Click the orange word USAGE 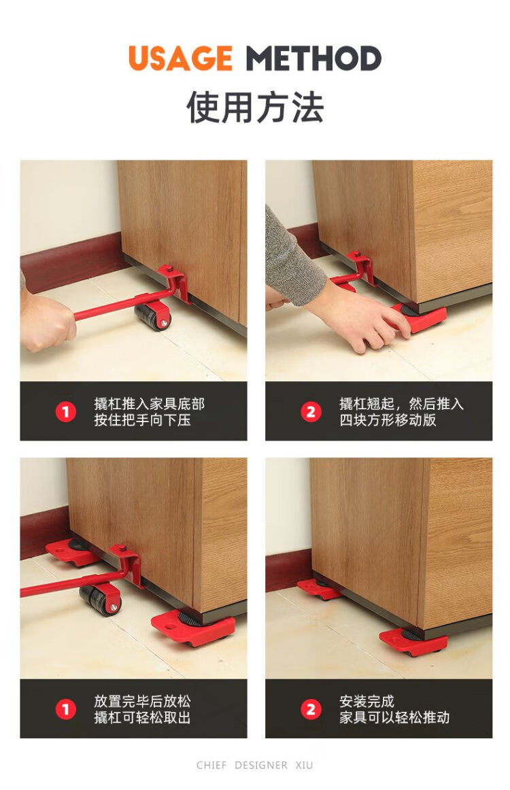[180, 58]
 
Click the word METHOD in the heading [313, 58]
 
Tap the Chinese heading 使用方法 [255, 107]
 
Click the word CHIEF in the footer [211, 765]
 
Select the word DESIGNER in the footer [260, 765]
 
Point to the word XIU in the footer [304, 765]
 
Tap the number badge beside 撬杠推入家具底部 [65, 411]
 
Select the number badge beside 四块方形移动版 [311, 411]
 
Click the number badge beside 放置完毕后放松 [65, 709]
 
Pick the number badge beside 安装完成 [311, 709]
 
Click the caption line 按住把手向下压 [142, 419]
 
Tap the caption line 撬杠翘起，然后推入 [401, 404]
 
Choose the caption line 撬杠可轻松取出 [142, 717]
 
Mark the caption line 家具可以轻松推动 [394, 717]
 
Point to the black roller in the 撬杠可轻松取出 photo [100, 600]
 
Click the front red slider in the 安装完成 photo [413, 642]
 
